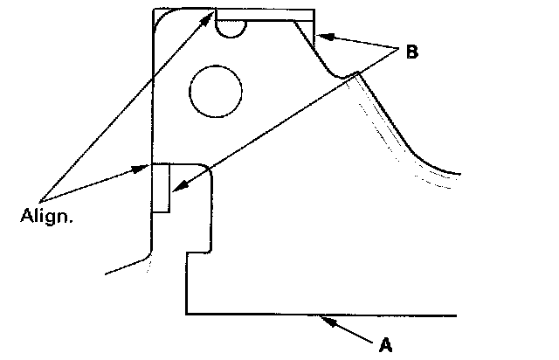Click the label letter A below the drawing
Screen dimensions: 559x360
pos(385,345)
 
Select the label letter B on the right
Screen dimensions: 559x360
pos(411,52)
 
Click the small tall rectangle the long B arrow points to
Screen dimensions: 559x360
pos(161,188)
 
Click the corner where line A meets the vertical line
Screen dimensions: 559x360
pos(187,313)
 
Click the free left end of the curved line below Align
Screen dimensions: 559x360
pos(107,273)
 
